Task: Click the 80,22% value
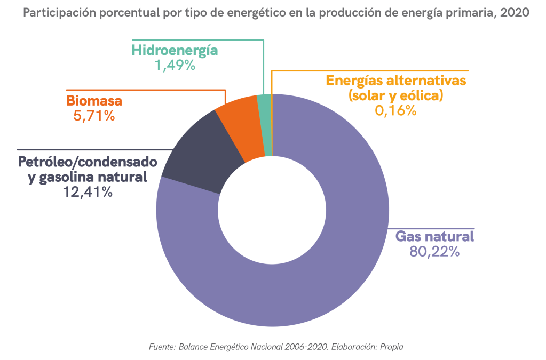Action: pyautogui.click(x=434, y=251)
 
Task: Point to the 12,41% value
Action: pyautogui.click(x=88, y=192)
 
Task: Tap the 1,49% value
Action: pyautogui.click(x=175, y=66)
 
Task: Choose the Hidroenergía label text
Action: pyautogui.click(x=175, y=51)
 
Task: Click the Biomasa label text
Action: pyautogui.click(x=94, y=100)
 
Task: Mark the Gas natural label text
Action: pyautogui.click(x=434, y=236)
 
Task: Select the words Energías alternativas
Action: pyautogui.click(x=396, y=81)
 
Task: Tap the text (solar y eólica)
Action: pyautogui.click(x=396, y=96)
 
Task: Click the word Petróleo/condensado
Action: pyautogui.click(x=88, y=162)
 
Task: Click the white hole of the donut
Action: pyautogui.click(x=272, y=210)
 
